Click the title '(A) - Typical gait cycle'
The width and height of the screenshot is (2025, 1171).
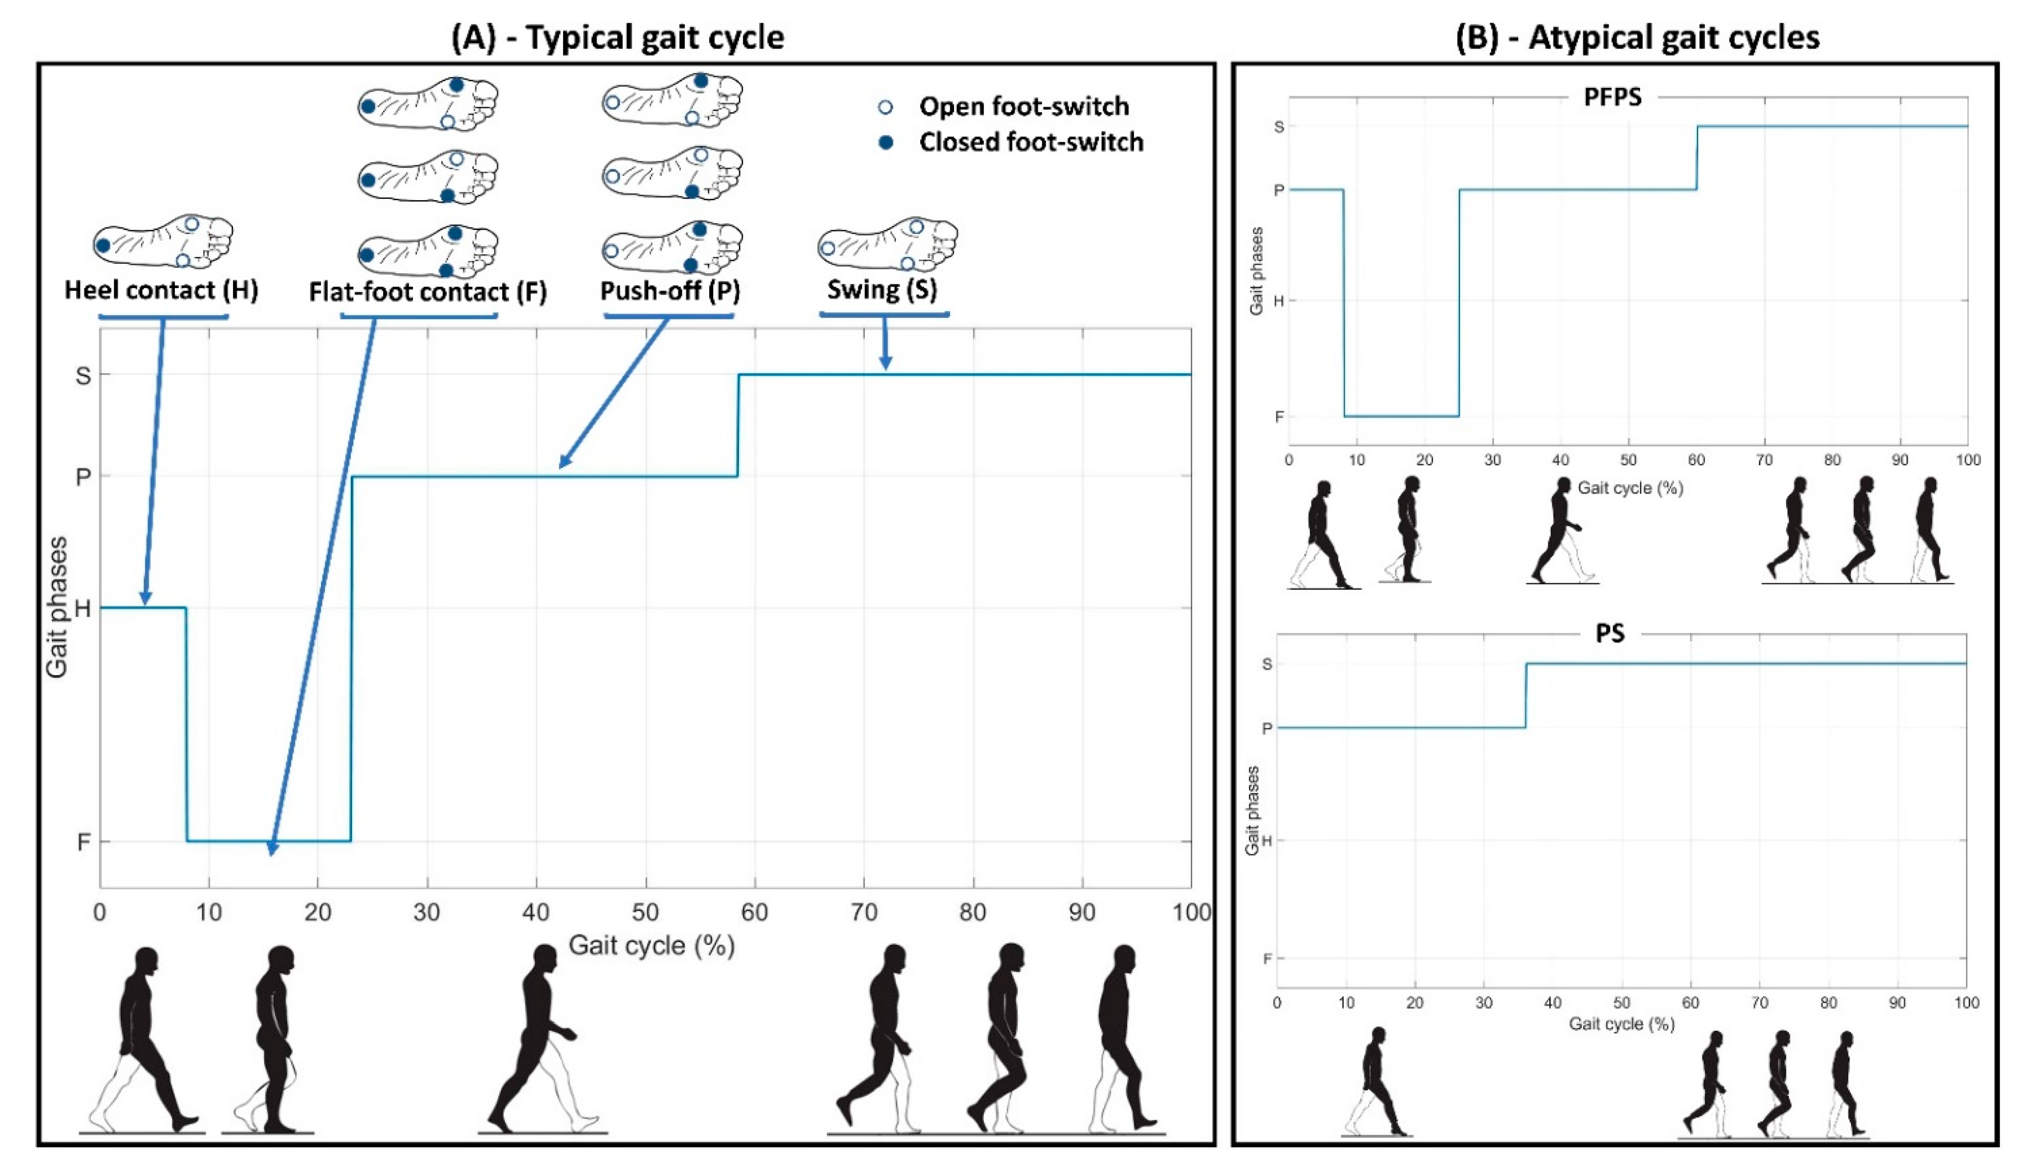(x=617, y=38)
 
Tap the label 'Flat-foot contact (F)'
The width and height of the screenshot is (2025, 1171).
(x=427, y=292)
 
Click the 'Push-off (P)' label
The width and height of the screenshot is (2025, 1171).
(x=669, y=290)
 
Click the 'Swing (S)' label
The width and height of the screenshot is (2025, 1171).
(x=883, y=289)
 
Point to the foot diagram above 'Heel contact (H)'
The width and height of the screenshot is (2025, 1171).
(x=163, y=242)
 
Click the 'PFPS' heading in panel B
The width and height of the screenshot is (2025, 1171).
(x=1612, y=97)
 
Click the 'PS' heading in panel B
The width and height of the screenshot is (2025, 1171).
(x=1610, y=633)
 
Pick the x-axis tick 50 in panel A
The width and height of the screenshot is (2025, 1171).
(x=646, y=912)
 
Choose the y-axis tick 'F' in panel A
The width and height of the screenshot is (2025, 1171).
(x=83, y=842)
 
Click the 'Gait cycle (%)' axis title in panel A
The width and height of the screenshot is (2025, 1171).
(x=651, y=945)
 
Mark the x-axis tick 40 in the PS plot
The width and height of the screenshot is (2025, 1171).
(x=1552, y=1003)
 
